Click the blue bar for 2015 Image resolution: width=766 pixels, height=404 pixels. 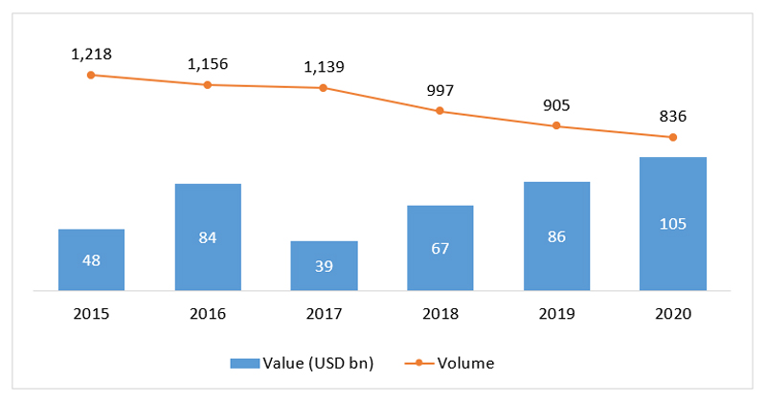(x=91, y=259)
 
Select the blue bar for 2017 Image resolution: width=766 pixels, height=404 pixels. (x=324, y=265)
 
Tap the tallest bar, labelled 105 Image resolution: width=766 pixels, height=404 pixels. (x=673, y=223)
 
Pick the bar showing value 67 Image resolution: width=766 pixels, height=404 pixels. (x=439, y=247)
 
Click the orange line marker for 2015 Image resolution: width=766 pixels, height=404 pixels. (x=91, y=75)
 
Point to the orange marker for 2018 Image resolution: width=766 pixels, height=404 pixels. (x=439, y=111)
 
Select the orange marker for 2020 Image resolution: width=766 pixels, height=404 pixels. (x=673, y=137)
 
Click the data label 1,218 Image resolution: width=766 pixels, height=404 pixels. (x=91, y=54)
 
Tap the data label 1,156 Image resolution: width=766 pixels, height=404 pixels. (x=208, y=64)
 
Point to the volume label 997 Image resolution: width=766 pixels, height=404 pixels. (x=439, y=90)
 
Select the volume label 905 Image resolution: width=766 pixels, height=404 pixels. (x=556, y=106)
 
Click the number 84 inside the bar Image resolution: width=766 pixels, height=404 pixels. (x=208, y=237)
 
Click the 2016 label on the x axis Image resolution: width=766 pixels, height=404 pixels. (x=208, y=313)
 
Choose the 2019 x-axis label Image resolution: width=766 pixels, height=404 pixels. (x=556, y=313)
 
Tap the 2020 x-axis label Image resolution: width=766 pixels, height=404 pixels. (x=673, y=313)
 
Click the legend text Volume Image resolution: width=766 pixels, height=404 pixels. (x=465, y=363)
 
